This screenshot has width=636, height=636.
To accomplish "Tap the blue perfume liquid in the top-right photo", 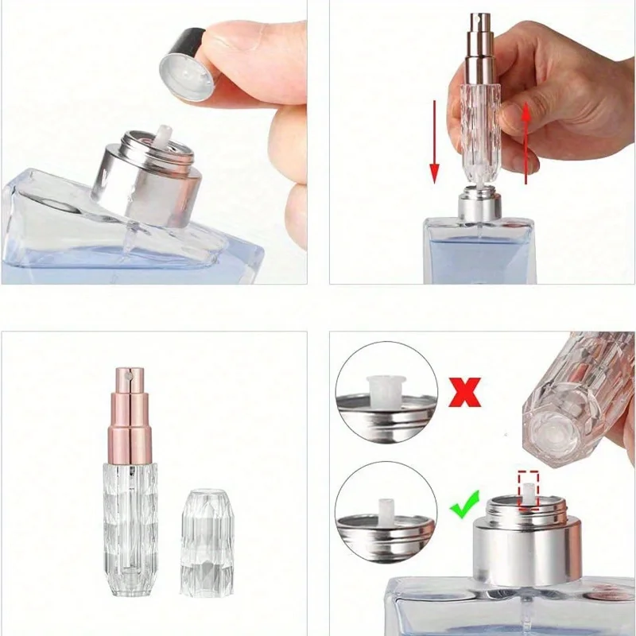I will [x=477, y=254].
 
